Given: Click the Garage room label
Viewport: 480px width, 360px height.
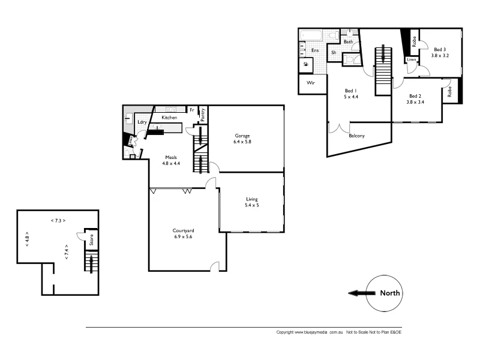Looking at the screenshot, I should click(x=242, y=136).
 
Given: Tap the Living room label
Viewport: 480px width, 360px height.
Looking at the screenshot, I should click(x=252, y=199).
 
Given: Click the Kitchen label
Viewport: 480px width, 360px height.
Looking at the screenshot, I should click(x=169, y=118).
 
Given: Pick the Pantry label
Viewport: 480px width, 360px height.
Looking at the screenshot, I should click(x=203, y=115).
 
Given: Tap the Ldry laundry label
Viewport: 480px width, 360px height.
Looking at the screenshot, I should click(x=142, y=122).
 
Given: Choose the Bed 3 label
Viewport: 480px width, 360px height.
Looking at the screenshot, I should click(x=441, y=50).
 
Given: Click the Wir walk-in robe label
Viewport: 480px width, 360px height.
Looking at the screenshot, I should click(x=311, y=83).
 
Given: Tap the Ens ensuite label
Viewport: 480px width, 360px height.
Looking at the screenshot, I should click(x=314, y=50).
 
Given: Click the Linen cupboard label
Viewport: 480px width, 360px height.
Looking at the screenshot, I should click(x=412, y=60).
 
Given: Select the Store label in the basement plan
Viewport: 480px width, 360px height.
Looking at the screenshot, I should click(x=91, y=241).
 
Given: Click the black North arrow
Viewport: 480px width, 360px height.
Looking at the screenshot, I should click(x=360, y=293).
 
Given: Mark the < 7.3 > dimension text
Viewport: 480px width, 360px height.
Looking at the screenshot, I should click(x=58, y=220).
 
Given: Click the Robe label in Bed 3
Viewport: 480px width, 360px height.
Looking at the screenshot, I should click(x=414, y=41).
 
